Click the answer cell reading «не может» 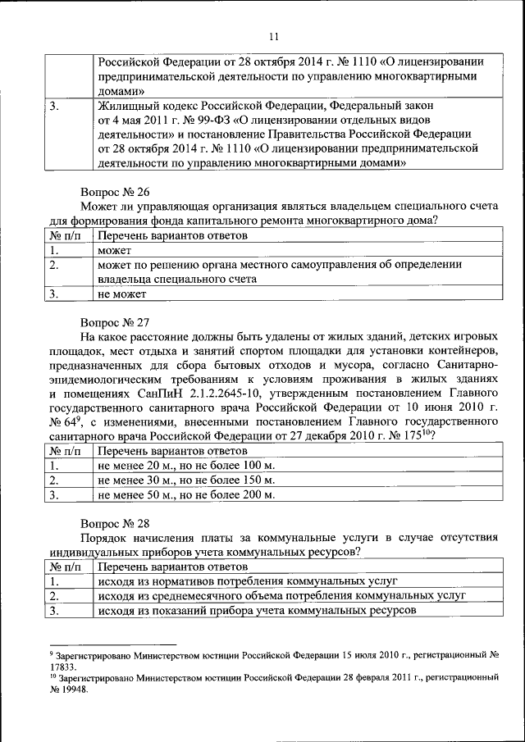(x=122, y=293)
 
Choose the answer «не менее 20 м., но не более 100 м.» (x=185, y=465)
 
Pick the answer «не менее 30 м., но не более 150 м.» (x=185, y=480)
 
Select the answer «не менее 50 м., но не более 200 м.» (x=185, y=494)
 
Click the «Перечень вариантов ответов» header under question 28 (x=171, y=567)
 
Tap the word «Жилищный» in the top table (x=123, y=106)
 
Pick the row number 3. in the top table (x=54, y=106)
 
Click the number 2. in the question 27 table (x=54, y=480)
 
